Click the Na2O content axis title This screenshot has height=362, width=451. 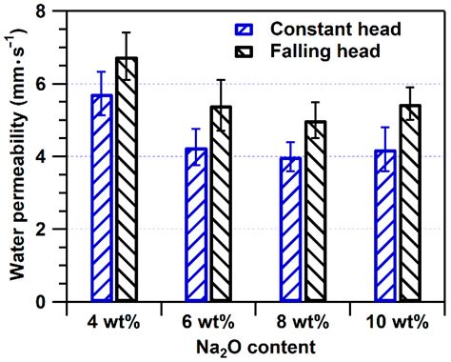pos(254,347)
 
